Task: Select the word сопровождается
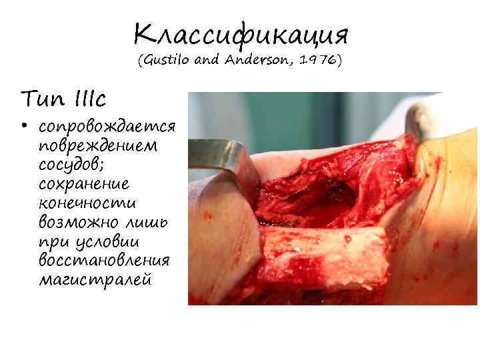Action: coord(107,127)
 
